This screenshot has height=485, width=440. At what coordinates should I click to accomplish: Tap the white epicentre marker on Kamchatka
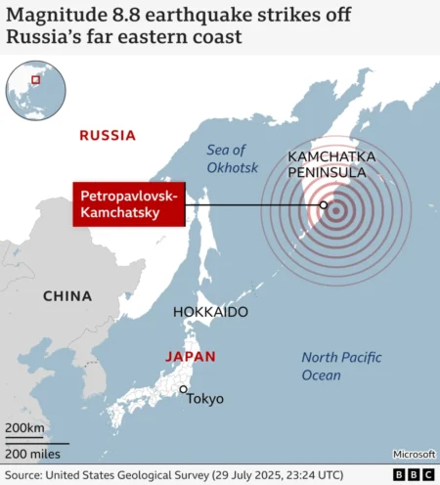click(324, 205)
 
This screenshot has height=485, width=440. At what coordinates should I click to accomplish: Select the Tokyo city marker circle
click(182, 390)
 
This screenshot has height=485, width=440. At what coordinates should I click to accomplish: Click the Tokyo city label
click(206, 398)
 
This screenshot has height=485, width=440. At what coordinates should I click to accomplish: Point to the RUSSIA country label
click(108, 136)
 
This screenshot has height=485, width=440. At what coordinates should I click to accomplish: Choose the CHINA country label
click(67, 295)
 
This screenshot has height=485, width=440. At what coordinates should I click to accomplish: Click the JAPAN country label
click(191, 357)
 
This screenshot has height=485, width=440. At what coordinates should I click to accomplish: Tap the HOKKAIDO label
click(210, 312)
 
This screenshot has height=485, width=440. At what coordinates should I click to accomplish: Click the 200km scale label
click(24, 428)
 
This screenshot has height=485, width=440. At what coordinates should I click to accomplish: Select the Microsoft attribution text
click(414, 454)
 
